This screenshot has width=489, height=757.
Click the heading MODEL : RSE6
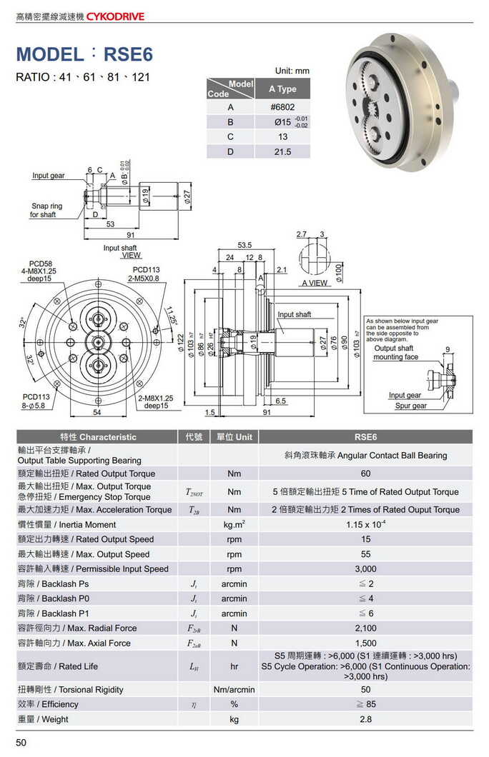[84, 54]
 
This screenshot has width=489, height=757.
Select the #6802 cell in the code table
[282, 107]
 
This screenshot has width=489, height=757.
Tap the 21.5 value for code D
[282, 151]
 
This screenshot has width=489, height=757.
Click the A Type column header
[282, 89]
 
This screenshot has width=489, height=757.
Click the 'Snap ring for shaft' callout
[46, 210]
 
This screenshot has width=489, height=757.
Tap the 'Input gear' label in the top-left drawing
[48, 176]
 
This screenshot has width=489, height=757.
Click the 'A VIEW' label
[314, 284]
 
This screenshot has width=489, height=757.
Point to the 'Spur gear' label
[410, 406]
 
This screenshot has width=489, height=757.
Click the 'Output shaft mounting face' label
[395, 353]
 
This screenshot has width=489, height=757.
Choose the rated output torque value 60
[365, 473]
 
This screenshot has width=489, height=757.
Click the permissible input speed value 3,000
[365, 569]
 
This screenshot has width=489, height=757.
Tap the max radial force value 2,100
[365, 628]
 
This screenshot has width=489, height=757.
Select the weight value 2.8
[365, 719]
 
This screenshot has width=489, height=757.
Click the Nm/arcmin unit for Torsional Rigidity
[234, 690]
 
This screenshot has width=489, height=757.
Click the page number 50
[21, 743]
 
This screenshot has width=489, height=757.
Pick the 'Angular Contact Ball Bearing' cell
[365, 456]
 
